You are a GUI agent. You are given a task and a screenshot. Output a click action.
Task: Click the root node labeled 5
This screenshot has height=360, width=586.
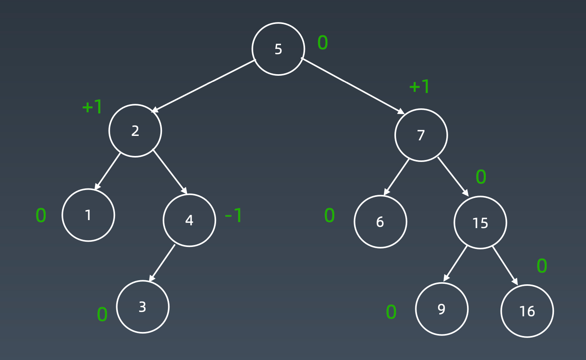[x=278, y=49]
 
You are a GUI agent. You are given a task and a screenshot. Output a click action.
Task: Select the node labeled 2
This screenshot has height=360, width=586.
[x=135, y=131]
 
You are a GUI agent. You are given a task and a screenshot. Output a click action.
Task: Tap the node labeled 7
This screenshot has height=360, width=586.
[x=421, y=135]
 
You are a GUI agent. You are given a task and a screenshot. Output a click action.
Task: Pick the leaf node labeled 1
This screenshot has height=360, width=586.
[x=88, y=215]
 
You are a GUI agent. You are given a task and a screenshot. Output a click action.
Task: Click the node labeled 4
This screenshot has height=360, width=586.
[x=189, y=220]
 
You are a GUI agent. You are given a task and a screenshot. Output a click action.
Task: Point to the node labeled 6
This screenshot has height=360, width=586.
[x=380, y=222]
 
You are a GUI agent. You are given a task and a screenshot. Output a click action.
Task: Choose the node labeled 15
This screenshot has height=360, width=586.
[x=480, y=222]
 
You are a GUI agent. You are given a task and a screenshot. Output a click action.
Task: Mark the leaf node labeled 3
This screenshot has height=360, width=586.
[x=143, y=307]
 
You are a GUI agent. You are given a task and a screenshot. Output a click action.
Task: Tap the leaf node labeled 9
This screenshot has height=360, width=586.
[x=441, y=309]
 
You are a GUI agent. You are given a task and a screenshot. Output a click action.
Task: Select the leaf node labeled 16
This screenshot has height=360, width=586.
[x=527, y=311]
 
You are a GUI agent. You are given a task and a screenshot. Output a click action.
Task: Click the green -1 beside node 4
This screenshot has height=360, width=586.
[x=234, y=216]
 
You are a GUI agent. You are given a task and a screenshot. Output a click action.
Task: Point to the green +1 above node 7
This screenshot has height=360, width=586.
[x=419, y=86]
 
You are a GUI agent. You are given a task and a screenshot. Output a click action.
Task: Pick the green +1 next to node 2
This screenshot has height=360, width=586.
[x=92, y=107]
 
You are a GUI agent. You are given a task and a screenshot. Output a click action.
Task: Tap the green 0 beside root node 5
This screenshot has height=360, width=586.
[x=323, y=43]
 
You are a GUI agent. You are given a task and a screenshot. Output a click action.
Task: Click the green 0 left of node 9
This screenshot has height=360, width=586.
[x=391, y=312]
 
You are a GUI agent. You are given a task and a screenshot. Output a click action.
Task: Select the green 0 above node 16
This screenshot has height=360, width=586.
[x=542, y=266]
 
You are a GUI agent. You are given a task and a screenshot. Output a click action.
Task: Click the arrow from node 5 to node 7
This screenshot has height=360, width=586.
[x=353, y=86]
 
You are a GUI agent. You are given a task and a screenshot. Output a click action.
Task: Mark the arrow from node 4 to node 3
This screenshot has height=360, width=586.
[x=162, y=263]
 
